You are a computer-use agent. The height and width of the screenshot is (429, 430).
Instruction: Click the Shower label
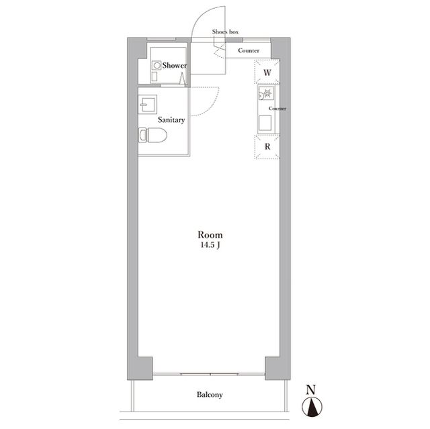tap(175, 65)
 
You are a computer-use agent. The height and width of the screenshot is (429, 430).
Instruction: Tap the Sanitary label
tap(171, 120)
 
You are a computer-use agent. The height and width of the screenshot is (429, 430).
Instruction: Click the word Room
tap(210, 235)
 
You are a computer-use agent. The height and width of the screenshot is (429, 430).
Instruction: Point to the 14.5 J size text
tap(210, 245)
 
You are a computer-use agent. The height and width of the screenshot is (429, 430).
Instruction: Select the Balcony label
tap(210, 395)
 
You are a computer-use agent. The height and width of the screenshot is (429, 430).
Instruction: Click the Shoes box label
tap(225, 32)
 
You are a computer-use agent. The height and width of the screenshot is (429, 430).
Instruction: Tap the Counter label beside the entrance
tap(249, 50)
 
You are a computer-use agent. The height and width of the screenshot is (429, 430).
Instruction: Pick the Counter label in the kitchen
tap(277, 109)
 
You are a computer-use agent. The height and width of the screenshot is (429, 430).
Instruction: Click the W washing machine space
tap(267, 72)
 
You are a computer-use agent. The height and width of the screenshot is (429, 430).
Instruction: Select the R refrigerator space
tap(267, 147)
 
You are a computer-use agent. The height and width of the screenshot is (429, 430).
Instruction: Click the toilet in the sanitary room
tap(153, 135)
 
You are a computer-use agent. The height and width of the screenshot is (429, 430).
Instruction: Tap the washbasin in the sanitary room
tap(148, 104)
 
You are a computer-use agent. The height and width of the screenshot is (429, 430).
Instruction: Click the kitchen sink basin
tap(265, 123)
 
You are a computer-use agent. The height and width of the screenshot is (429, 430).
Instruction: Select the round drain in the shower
tap(157, 66)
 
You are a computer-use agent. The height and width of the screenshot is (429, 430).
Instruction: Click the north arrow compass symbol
tap(312, 407)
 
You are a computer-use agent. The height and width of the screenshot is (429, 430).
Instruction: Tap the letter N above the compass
tap(310, 389)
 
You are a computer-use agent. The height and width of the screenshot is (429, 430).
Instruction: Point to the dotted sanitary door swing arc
tap(212, 106)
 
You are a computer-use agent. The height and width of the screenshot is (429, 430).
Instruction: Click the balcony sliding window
tap(209, 374)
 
